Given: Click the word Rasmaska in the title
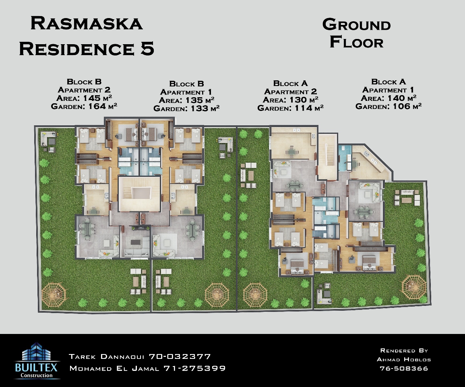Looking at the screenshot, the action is tap(87, 23).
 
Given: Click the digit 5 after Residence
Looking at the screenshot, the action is tap(147, 49).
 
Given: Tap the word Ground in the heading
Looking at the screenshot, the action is tap(356, 25).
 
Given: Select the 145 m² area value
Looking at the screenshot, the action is tap(97, 98).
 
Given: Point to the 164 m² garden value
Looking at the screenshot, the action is tap(103, 106).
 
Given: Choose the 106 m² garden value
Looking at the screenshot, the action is tap(407, 106).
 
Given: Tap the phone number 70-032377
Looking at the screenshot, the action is tap(180, 356).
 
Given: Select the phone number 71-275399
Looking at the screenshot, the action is tap(194, 369).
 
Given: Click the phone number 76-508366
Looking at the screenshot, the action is tap(404, 369).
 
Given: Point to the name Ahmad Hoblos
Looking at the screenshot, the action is tap(404, 359).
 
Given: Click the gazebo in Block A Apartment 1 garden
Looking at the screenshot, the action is tap(414, 287).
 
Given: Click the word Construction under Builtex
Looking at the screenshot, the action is tap(37, 375).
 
